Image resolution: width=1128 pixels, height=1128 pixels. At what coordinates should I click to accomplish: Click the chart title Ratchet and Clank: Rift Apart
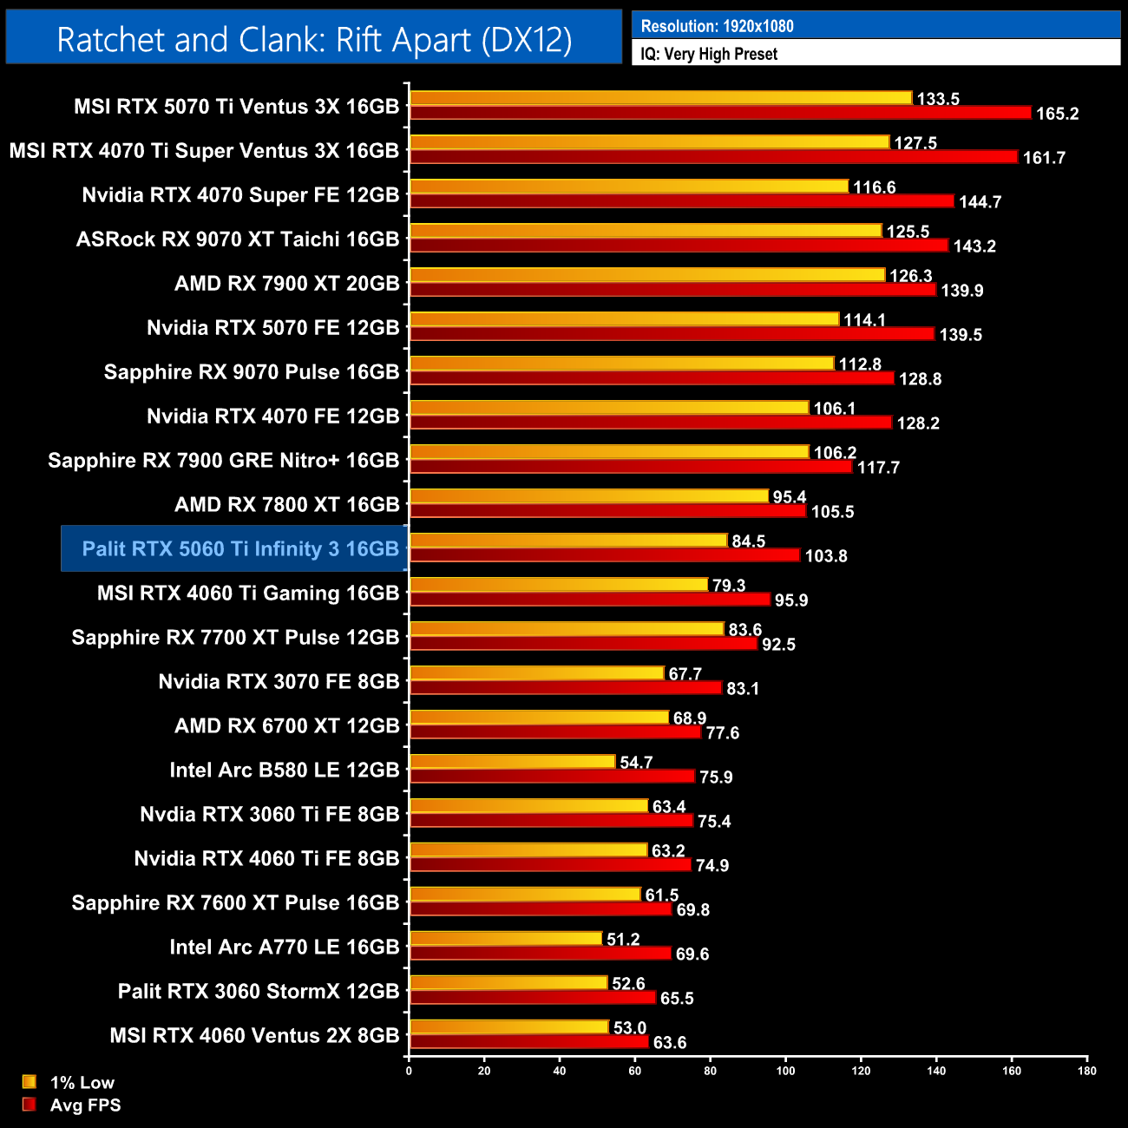click(x=314, y=40)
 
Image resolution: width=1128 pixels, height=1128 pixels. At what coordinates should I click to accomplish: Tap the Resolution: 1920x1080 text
click(x=717, y=26)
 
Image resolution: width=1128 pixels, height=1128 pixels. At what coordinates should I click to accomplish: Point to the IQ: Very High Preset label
click(x=708, y=54)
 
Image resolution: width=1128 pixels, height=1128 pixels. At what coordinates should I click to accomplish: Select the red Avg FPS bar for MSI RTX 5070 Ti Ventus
click(x=720, y=113)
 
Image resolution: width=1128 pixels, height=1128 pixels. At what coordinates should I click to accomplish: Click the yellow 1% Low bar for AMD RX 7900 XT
click(x=647, y=275)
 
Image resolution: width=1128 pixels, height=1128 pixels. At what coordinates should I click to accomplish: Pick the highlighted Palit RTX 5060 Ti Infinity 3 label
click(x=240, y=548)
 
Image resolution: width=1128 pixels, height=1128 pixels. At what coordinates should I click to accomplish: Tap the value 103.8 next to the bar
click(x=825, y=556)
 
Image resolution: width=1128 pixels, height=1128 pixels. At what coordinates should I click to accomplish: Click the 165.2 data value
click(x=1057, y=114)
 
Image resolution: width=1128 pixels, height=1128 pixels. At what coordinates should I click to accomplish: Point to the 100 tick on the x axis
click(x=785, y=1071)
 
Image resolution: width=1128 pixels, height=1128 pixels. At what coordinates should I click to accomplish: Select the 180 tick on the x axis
click(x=1087, y=1071)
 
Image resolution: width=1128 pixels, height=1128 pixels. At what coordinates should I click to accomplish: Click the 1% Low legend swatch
click(x=30, y=1082)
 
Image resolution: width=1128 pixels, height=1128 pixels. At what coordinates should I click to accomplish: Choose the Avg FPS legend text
click(x=85, y=1105)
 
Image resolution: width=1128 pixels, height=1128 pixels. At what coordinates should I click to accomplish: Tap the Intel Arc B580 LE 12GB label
click(x=284, y=770)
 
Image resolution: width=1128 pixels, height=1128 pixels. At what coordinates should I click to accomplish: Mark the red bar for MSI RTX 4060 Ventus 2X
click(x=529, y=1042)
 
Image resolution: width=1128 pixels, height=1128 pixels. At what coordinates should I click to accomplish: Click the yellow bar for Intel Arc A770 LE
click(x=506, y=939)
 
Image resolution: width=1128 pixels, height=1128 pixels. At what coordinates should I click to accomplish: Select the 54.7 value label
click(x=636, y=763)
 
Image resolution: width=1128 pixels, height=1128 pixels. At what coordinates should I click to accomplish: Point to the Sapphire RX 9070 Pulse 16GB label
click(x=251, y=371)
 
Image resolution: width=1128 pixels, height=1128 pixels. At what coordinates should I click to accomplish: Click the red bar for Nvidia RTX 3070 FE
click(x=566, y=688)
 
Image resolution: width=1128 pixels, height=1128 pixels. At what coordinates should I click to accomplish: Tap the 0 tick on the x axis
click(x=409, y=1071)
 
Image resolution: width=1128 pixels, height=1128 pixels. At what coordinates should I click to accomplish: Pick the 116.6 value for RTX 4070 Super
click(x=874, y=187)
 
